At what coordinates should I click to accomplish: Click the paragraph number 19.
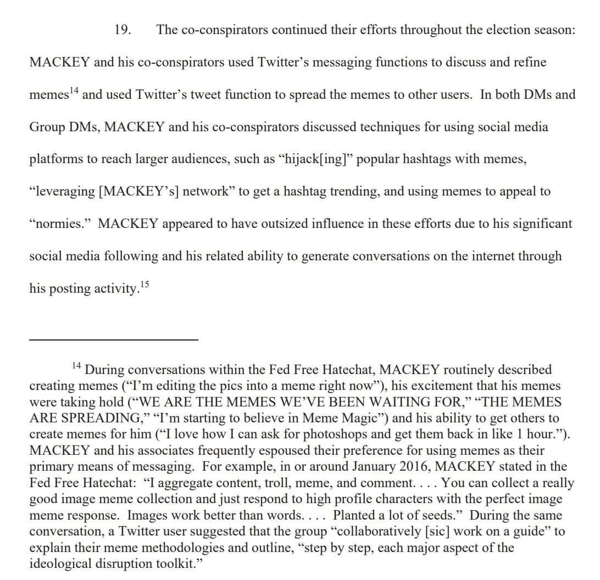123,30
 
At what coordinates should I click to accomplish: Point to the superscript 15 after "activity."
145,283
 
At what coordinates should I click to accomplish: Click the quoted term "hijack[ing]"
315,159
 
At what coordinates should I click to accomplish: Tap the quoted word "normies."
61,224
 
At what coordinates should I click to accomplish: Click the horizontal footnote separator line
113,340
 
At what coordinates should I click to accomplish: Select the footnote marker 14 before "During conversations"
77,365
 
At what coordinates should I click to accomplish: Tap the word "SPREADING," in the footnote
86,418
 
